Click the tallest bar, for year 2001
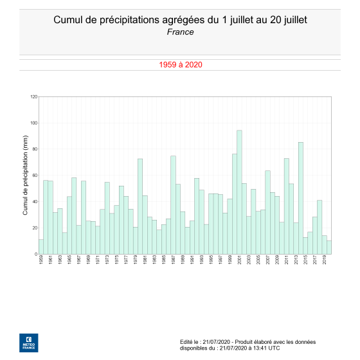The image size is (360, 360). point(239,193)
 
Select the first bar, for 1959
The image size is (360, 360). point(41,247)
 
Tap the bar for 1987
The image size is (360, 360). point(173,206)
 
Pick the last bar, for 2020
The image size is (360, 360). point(329,248)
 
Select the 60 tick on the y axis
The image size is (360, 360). point(35,175)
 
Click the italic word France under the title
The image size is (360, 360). point(180,32)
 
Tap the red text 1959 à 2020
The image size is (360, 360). point(180,65)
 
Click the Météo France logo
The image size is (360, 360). point(28,343)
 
